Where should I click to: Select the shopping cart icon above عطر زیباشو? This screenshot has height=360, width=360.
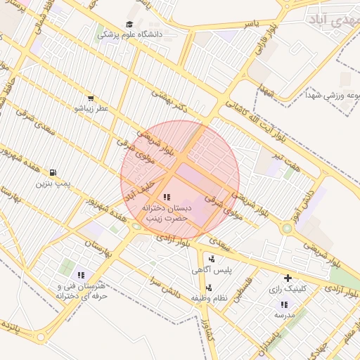[x=91, y=98]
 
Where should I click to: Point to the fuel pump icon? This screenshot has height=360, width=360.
[x=53, y=172]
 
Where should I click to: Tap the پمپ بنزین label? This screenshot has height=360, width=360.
[x=53, y=183]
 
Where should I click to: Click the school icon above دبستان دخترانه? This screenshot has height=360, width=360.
[x=167, y=198]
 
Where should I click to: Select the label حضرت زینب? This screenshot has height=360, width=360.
[x=167, y=219]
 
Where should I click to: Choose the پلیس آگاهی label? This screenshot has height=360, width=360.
[x=207, y=269]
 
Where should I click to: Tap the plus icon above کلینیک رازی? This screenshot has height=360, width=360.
[x=288, y=278]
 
